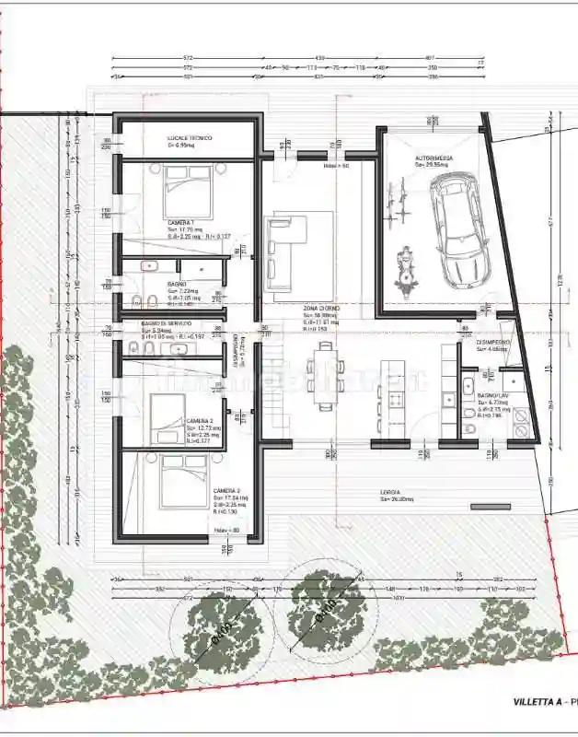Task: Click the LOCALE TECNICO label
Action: click(190, 138)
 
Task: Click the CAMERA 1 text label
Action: click(181, 224)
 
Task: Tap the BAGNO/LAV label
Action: click(489, 396)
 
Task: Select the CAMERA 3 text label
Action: click(226, 491)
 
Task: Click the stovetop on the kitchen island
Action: click(396, 398)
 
